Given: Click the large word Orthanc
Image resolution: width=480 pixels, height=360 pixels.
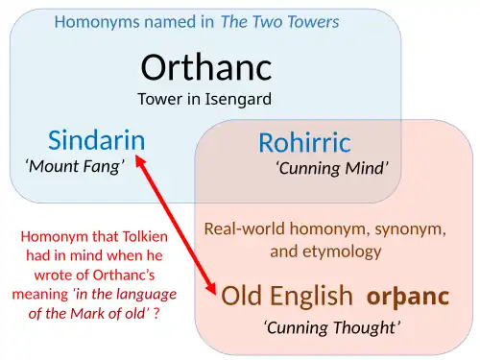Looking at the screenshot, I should point(205,66).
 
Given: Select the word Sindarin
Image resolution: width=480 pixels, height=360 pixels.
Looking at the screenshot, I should point(96,140).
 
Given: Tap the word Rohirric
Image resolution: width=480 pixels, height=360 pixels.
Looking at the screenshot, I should point(304,143).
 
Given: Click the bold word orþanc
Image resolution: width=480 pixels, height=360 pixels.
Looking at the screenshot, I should point(408,296).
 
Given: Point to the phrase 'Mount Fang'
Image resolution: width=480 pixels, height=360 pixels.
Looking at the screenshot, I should point(75,166).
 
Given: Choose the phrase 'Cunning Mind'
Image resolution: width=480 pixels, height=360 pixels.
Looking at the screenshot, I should point(331,169).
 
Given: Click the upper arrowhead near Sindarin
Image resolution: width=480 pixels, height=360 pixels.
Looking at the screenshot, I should point(140,160).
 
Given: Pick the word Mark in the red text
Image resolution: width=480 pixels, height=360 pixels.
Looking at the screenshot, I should point(92,313).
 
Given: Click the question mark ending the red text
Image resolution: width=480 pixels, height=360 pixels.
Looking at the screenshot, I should point(156,313).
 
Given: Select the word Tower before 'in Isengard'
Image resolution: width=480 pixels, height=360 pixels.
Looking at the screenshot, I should point(159,99).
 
